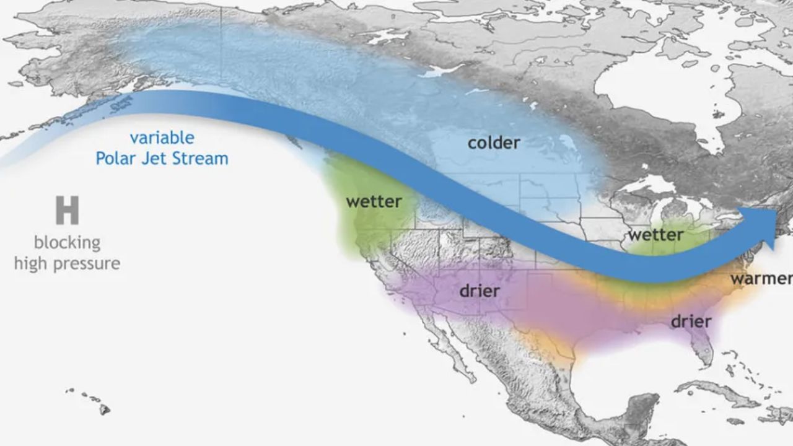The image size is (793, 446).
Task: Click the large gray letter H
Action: coord(67,211)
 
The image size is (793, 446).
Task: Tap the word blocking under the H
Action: coord(67,242)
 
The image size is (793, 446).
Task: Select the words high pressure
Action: coord(67,264)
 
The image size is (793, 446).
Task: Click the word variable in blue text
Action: coord(162,138)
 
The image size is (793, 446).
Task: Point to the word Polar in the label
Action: coord(116,159)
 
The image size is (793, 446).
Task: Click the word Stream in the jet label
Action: coord(199,159)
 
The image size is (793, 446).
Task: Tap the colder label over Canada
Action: coord(494,143)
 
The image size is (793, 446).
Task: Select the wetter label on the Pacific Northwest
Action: coord(374,202)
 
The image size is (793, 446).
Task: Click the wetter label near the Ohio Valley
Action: coord(655,235)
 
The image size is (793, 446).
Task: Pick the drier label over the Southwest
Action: coord(480,291)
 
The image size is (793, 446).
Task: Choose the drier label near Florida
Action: coord(691,321)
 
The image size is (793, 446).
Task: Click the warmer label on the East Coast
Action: coord(761,279)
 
